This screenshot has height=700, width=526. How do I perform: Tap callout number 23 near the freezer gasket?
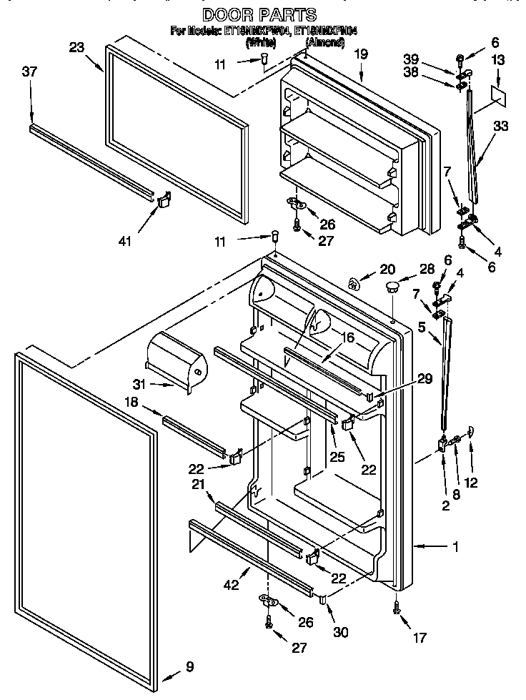pos(77,48)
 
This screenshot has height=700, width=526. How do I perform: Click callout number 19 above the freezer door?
pos(361,54)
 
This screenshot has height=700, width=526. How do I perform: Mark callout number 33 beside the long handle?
pos(501,126)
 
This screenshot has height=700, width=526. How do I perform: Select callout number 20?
pos(387,269)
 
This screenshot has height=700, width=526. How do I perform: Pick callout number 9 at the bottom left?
pos(189,667)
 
